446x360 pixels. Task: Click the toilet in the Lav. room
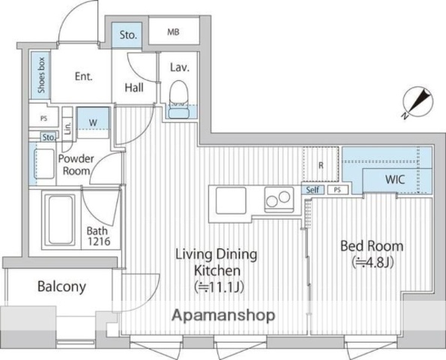point(179,99)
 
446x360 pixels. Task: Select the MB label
point(173,31)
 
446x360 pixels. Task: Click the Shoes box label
point(41,75)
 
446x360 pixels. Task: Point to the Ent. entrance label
point(84,76)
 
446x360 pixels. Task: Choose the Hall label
point(134,87)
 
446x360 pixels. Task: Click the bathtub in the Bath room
point(60,220)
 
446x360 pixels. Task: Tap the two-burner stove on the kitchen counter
point(279,199)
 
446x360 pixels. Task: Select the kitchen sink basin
point(231,200)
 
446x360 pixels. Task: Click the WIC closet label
point(395,179)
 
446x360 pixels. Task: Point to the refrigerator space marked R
point(321,164)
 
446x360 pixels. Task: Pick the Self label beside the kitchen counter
point(313,190)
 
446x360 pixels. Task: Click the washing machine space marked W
point(93,123)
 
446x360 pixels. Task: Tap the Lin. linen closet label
point(67,128)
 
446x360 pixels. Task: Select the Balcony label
point(61,286)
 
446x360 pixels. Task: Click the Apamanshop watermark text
point(223,315)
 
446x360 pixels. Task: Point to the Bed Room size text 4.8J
point(373,262)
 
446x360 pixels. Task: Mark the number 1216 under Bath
point(99,241)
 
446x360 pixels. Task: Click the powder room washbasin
point(44,163)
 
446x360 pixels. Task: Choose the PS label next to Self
point(337,190)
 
